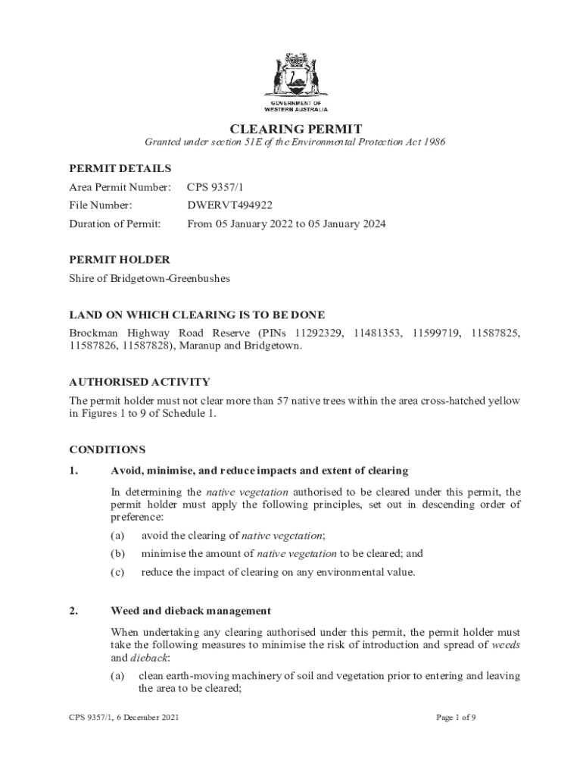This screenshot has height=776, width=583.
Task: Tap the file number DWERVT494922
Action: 230,205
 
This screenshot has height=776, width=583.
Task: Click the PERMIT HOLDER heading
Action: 120,259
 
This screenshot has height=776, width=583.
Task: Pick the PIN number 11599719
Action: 436,333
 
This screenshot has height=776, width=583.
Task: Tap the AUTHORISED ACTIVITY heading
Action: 139,382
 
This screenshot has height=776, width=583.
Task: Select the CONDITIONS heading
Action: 108,449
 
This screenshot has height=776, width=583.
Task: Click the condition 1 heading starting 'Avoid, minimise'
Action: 260,471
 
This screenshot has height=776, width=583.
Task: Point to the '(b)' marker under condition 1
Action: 117,553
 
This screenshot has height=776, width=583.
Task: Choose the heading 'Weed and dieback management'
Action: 191,610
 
